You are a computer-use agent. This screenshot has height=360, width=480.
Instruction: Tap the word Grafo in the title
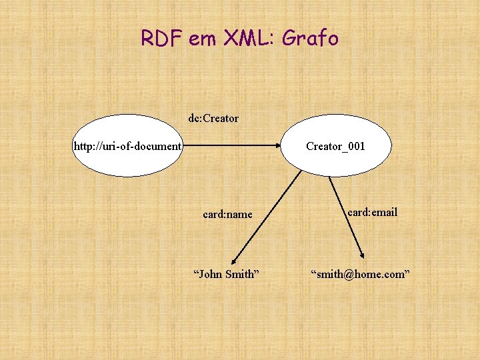point(311,39)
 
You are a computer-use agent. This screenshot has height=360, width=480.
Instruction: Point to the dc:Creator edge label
point(213,119)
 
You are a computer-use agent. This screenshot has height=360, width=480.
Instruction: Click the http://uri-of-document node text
point(128,145)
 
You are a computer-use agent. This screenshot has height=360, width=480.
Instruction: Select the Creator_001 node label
point(335,145)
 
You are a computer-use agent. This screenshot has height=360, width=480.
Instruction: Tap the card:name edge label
point(227,214)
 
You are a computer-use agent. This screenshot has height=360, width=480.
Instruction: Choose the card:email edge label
point(372,212)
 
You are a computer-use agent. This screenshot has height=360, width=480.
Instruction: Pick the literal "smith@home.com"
point(358,273)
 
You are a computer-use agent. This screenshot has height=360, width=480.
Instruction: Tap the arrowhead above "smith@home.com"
point(362,255)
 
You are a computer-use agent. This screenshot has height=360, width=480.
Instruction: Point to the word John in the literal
point(210,273)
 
